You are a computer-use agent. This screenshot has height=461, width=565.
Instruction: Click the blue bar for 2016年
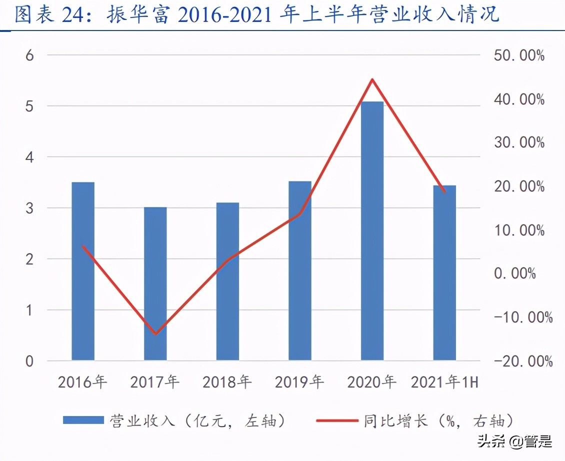pyautogui.click(x=83, y=271)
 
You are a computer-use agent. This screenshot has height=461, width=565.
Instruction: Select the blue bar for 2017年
pyautogui.click(x=155, y=283)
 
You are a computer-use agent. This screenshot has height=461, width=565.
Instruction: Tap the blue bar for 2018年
pyautogui.click(x=227, y=281)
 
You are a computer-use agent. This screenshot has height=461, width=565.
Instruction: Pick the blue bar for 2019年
pyautogui.click(x=300, y=270)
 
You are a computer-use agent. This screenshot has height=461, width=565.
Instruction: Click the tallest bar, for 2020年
pyautogui.click(x=372, y=230)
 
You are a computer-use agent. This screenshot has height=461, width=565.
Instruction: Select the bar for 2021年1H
pyautogui.click(x=444, y=272)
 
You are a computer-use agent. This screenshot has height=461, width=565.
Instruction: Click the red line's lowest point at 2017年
pyautogui.click(x=155, y=333)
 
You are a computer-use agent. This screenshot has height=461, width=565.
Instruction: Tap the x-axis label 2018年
pyautogui.click(x=227, y=382)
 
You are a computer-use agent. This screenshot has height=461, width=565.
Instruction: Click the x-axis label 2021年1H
pyautogui.click(x=444, y=382)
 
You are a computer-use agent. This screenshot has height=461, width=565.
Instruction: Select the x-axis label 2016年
pyautogui.click(x=82, y=382)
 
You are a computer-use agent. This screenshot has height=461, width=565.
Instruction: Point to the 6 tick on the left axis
pyautogui.click(x=29, y=55)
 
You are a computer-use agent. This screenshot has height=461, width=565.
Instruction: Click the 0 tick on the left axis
pyautogui.click(x=29, y=361)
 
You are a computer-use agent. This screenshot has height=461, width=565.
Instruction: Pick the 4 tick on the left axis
pyautogui.click(x=29, y=157)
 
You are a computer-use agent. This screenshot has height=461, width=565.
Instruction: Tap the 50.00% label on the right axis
pyautogui.click(x=518, y=55)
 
